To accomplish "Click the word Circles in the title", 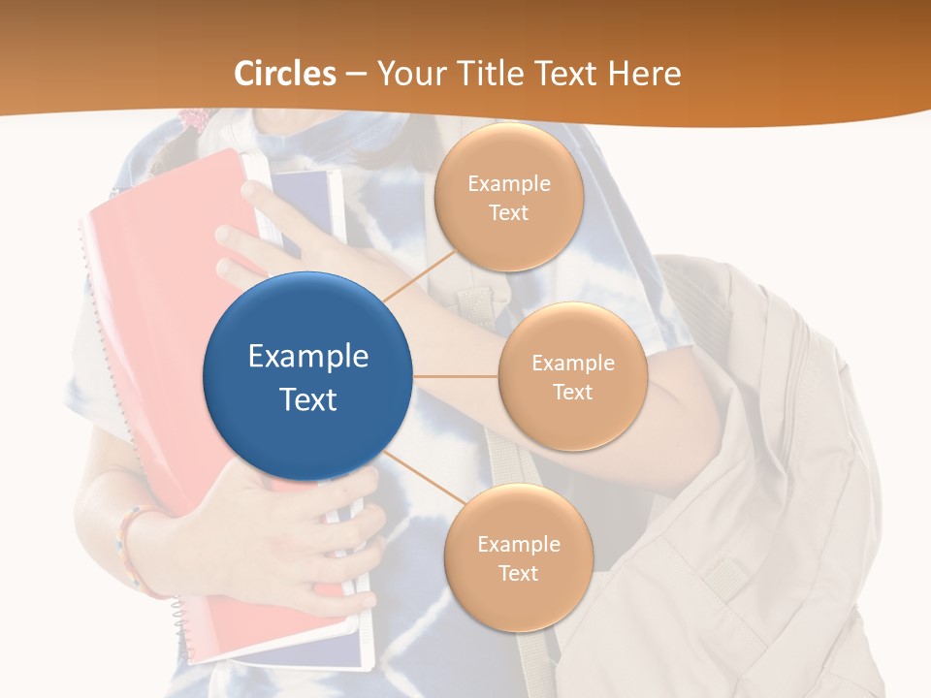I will [285, 74].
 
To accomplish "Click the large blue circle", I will [308, 376].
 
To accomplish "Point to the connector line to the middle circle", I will [456, 376].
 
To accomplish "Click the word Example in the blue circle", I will [308, 356].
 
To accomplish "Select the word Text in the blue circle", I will [308, 399].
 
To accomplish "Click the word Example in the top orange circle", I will [509, 183].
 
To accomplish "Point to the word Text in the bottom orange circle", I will [518, 573].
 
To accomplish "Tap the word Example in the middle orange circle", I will [572, 363].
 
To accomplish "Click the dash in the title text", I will [356, 75].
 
